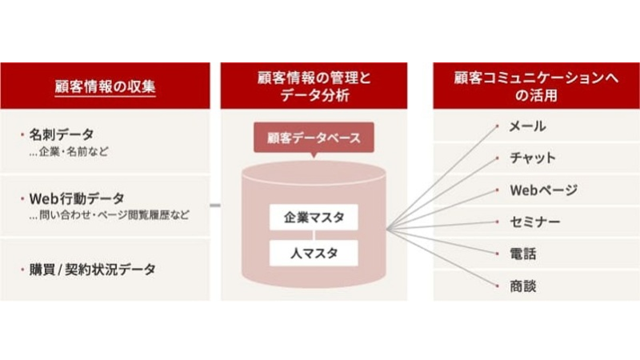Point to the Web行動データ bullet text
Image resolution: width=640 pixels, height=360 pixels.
point(77,198)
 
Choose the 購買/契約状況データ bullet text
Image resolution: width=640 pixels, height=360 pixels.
point(92,269)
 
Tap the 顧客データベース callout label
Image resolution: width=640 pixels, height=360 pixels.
point(314,138)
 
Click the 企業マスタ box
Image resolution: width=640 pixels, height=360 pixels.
point(314,217)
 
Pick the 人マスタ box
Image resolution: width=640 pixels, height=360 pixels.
point(314,254)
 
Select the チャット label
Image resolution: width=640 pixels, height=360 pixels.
point(533,158)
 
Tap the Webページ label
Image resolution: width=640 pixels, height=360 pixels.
point(543,190)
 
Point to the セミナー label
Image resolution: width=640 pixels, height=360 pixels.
point(534,222)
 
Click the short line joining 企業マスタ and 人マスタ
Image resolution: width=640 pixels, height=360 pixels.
point(314,235)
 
